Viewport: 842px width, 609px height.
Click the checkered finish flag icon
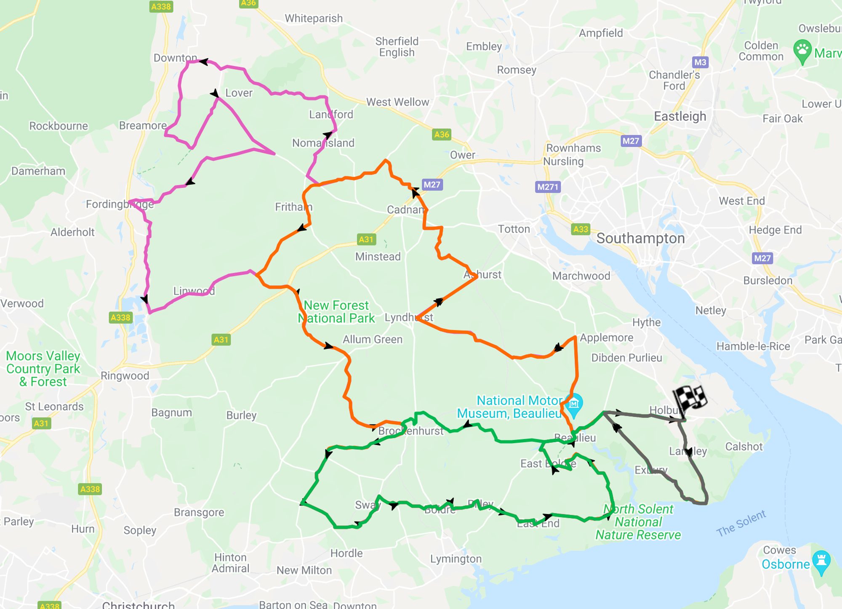(x=689, y=399)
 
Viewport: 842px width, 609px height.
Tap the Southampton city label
(x=640, y=238)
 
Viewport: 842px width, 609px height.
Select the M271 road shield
(x=548, y=187)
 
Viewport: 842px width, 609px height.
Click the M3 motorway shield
(x=700, y=62)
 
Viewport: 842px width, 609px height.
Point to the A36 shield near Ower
(x=441, y=135)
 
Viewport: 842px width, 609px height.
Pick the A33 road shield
(x=581, y=229)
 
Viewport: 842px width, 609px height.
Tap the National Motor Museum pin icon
(x=573, y=404)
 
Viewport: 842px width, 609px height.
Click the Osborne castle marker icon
(x=821, y=561)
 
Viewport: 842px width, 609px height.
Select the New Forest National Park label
(x=336, y=311)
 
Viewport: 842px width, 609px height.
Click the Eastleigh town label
(x=680, y=116)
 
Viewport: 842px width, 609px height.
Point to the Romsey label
(x=517, y=70)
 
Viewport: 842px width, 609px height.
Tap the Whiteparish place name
(x=314, y=19)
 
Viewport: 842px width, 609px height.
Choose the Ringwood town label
(x=125, y=375)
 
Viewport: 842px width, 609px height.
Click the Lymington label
(x=456, y=559)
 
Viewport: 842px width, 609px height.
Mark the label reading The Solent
(x=741, y=523)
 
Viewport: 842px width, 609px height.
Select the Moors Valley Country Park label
(x=43, y=369)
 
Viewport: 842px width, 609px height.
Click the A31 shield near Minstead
(x=366, y=239)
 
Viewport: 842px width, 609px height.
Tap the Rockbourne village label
(x=59, y=126)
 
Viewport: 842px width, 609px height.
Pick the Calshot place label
(x=743, y=447)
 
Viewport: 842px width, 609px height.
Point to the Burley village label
(x=241, y=415)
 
